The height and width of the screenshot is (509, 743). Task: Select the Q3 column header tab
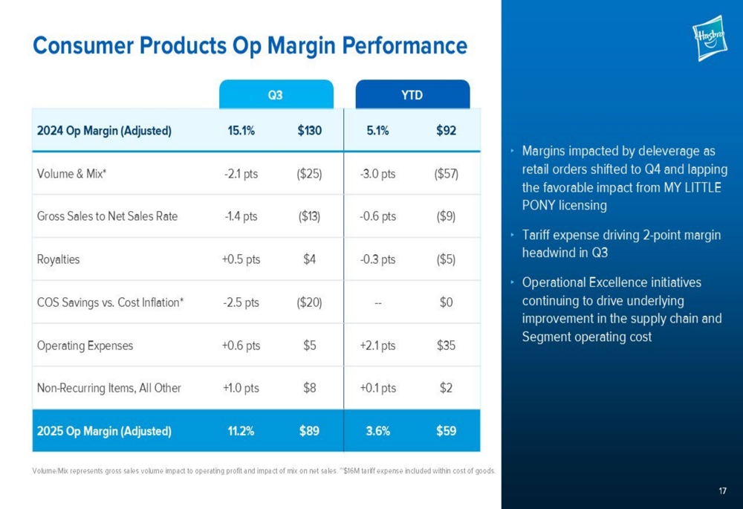point(275,95)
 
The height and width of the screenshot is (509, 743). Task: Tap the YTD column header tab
point(412,95)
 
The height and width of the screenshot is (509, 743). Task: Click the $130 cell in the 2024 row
point(309,132)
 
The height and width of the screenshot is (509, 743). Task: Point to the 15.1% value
point(241,132)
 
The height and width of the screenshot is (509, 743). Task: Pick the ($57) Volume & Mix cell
point(446,175)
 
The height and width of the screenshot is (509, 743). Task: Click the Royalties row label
point(58,260)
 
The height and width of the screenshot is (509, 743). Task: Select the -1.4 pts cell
point(240,217)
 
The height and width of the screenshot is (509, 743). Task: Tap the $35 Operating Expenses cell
point(446,346)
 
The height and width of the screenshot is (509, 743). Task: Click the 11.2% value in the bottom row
point(241,431)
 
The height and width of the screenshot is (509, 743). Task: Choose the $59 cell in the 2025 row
point(446,431)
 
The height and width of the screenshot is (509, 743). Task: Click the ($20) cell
point(309,302)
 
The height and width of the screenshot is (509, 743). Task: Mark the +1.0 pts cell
point(240,388)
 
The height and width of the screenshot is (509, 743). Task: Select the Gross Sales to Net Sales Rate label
point(107,217)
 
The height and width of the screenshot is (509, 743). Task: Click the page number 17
point(722,490)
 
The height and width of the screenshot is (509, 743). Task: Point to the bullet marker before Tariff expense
point(513,236)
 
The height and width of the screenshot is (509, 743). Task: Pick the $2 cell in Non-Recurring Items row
point(446,388)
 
